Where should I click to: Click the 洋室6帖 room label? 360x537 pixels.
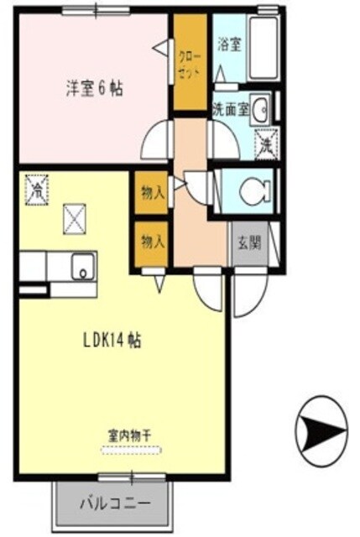point(94,86)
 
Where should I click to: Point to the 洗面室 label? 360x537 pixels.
point(229,107)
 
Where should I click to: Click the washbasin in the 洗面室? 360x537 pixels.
point(263,107)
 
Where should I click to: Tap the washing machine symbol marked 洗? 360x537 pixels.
point(263,143)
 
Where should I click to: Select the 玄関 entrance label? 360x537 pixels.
point(248,244)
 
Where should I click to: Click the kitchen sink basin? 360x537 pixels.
point(82,267)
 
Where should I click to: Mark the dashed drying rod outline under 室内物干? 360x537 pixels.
point(131,451)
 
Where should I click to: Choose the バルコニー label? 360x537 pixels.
point(116,505)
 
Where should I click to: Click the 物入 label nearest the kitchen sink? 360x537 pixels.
point(152,242)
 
